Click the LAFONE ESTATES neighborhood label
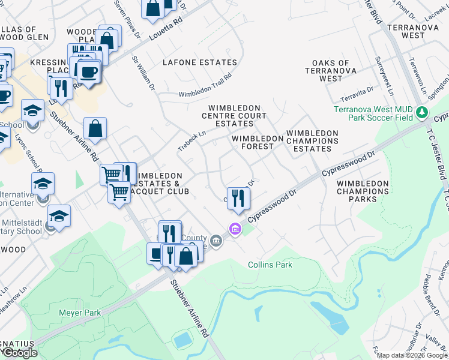coord(200,62)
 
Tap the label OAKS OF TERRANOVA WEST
coord(331,71)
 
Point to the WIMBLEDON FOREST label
coord(257,142)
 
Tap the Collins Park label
coord(270,265)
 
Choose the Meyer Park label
coord(80,313)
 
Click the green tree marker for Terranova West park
coord(422,112)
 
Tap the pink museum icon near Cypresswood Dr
coord(234,229)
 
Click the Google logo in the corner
coord(20,353)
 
